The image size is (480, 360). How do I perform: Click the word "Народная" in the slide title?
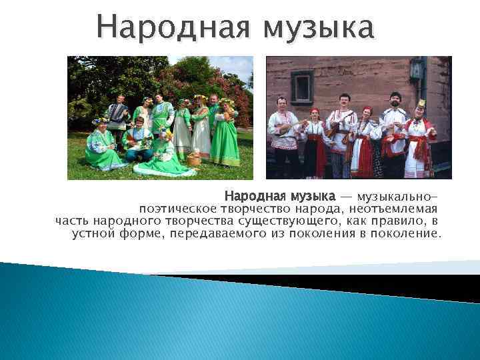[x=175, y=28]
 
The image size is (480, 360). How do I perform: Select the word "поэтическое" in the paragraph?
[x=178, y=209]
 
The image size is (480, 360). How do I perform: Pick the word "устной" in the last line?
[x=93, y=234]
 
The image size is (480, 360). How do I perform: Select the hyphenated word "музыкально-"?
[x=398, y=197]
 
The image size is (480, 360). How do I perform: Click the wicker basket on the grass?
[x=195, y=159]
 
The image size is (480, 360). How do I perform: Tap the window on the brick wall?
[x=302, y=87]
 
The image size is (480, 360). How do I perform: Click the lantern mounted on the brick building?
[x=417, y=69]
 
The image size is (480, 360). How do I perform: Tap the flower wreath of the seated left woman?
[x=102, y=121]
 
